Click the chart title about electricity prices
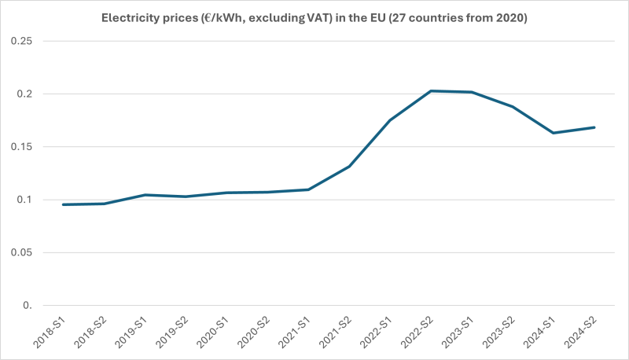(314, 16)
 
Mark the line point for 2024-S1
(554, 133)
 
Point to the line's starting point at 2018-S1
(64, 204)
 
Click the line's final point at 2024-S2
(594, 127)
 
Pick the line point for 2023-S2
(513, 107)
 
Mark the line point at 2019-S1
(145, 195)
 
